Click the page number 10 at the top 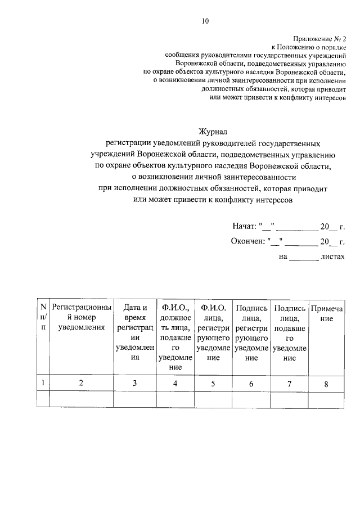205,21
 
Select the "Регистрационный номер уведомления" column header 82,317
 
